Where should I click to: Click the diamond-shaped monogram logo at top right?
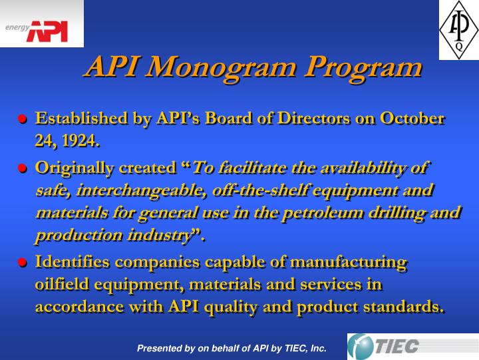[x=458, y=30]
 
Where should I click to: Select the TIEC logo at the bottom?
[x=393, y=346]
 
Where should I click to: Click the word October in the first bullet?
[x=412, y=119]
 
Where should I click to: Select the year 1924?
[x=81, y=141]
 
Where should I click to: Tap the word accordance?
[x=78, y=307]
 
